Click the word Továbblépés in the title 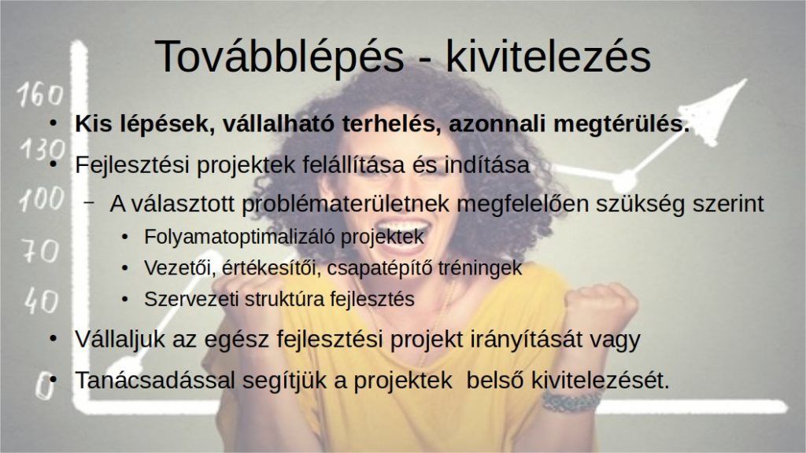[279, 57]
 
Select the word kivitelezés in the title [548, 56]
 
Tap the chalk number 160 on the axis [41, 95]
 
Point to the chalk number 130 [43, 149]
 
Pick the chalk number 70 [41, 252]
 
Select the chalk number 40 [41, 300]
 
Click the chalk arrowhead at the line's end [716, 110]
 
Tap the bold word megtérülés [621, 125]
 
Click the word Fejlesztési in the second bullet [132, 165]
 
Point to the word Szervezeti [190, 299]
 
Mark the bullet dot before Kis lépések [53, 124]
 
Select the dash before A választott [89, 203]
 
